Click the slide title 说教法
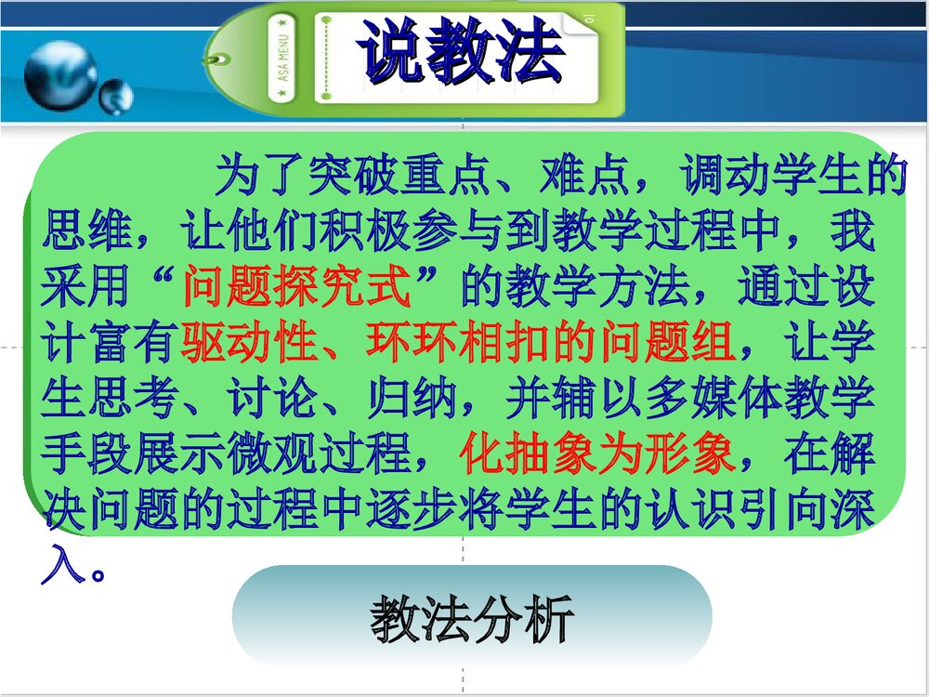tap(462, 52)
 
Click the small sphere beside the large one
tap(116, 95)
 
